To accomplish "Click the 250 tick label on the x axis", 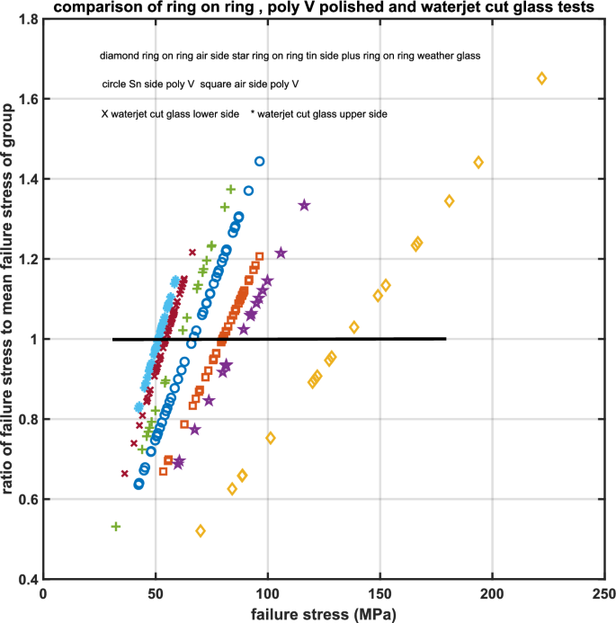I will point(603,594).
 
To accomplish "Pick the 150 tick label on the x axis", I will point(379,594).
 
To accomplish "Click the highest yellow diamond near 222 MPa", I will point(541,78).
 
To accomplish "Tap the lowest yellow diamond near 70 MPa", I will point(201,531).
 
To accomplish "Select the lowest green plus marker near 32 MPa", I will point(115,526).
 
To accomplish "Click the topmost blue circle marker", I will point(260,161).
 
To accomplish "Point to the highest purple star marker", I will point(304,205).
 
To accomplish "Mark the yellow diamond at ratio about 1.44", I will point(478,163).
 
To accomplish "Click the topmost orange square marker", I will point(260,256).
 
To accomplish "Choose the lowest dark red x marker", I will point(125,474).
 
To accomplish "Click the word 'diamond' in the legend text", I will point(118,57).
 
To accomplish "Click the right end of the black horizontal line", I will point(445,339).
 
